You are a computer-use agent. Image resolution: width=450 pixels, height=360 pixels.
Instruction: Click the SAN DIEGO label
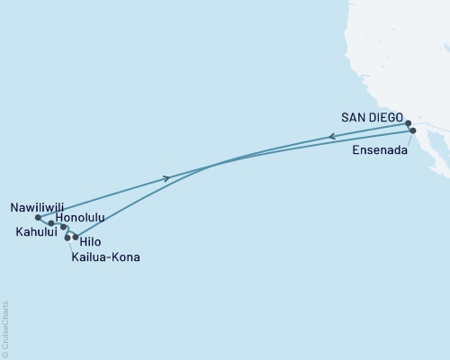(372, 116)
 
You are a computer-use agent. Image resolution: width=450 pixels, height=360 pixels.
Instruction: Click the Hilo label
(90, 242)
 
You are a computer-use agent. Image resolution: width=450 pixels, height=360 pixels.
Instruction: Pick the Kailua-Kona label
(105, 257)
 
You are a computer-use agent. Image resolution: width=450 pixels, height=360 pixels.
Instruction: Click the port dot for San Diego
(408, 123)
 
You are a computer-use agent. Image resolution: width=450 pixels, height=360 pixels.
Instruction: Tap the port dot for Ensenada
(413, 131)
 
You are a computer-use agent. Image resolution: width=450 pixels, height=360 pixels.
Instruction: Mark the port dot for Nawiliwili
(38, 218)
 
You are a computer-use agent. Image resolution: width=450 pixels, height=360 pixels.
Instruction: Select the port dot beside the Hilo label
(76, 238)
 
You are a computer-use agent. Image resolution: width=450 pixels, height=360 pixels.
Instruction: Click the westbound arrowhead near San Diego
(331, 137)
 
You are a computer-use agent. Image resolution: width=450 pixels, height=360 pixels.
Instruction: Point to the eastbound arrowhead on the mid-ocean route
(166, 178)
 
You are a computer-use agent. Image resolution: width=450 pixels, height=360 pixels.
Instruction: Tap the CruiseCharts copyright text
(5, 328)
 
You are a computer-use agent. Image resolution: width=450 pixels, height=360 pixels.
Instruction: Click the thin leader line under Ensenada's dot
(409, 139)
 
